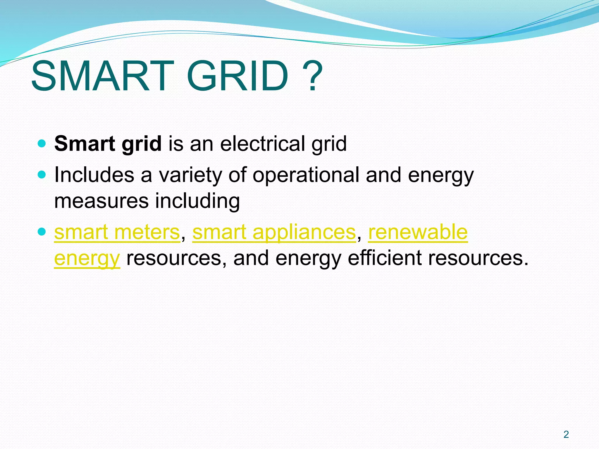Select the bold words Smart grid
point(108,144)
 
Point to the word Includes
point(94,175)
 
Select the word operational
point(306,175)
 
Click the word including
point(197,201)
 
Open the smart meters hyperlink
point(117,232)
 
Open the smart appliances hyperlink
point(274,232)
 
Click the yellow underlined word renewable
point(418,232)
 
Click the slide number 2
point(566,435)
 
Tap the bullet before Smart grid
point(42,144)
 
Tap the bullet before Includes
point(42,175)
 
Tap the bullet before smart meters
point(42,232)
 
